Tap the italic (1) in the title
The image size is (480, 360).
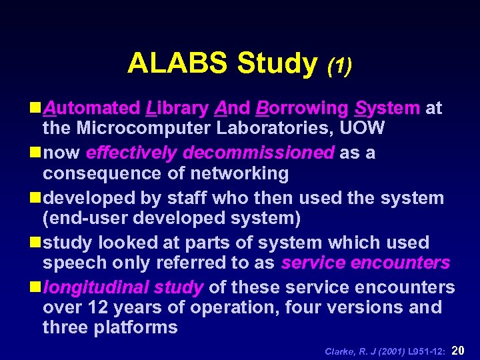339,65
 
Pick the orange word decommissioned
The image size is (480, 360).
258,153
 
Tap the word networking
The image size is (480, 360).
239,173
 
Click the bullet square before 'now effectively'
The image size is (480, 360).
34,153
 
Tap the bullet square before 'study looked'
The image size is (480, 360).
34,243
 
